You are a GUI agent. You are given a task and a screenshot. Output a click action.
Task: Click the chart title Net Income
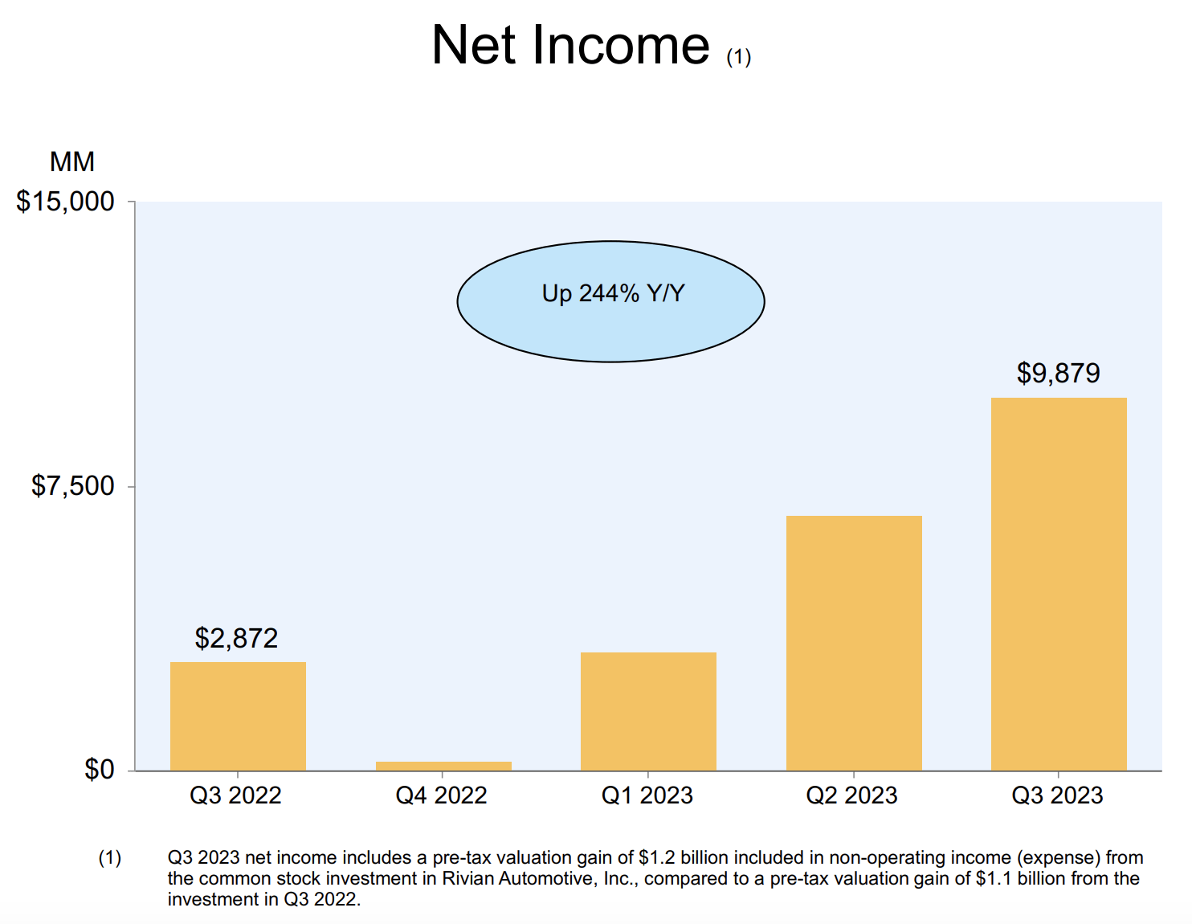(x=570, y=45)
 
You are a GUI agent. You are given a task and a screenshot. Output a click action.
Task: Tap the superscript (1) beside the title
(x=738, y=57)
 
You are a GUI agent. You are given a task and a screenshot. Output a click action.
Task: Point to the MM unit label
(x=72, y=162)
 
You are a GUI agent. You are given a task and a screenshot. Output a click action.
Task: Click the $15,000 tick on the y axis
(x=66, y=202)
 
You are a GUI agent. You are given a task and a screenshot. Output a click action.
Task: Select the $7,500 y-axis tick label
(x=73, y=486)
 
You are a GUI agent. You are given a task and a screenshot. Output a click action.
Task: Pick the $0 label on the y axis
(x=100, y=770)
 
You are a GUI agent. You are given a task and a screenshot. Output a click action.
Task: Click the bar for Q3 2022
(x=238, y=716)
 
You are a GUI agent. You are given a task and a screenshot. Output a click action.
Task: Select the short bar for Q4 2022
(x=443, y=766)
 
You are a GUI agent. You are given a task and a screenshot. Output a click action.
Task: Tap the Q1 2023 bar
(x=648, y=711)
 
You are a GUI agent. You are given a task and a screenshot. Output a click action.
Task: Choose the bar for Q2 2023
(x=854, y=643)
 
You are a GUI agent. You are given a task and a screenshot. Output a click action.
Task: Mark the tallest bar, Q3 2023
(x=1059, y=584)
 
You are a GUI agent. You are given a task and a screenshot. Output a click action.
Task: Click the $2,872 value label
(x=236, y=639)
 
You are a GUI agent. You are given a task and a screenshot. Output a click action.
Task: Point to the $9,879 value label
(x=1058, y=374)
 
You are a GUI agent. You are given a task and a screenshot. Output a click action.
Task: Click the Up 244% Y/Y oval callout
(x=611, y=301)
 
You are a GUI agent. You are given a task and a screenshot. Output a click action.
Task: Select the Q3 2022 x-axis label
(x=235, y=795)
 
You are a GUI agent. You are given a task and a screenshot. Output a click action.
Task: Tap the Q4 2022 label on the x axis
(x=441, y=795)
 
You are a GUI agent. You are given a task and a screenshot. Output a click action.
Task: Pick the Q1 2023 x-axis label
(x=647, y=795)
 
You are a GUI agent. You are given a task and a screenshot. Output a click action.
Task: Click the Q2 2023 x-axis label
(x=851, y=795)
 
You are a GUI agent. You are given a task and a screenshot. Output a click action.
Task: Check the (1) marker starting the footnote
(x=110, y=858)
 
